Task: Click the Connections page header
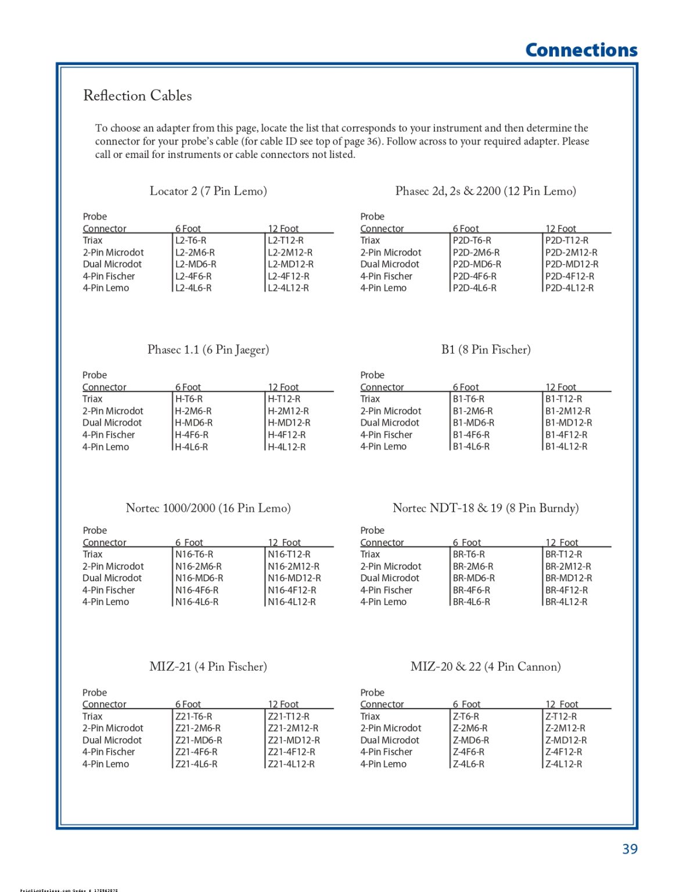point(581,51)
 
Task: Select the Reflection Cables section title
point(138,96)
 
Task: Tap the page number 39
point(630,849)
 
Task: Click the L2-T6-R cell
point(191,240)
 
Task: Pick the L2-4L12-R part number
point(288,288)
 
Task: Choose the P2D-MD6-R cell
point(477,264)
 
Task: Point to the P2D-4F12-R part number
point(570,276)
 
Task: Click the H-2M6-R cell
point(193,411)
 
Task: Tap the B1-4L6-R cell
point(471,447)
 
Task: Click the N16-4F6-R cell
point(197,590)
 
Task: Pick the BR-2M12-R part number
point(568,566)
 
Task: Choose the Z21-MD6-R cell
point(199,740)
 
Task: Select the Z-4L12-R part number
point(563,764)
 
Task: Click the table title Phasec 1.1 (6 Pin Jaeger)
point(208,350)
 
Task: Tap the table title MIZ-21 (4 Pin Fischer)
point(208,667)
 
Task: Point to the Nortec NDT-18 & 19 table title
point(486,508)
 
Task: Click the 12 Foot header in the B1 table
point(560,387)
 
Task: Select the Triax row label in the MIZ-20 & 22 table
point(370,717)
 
